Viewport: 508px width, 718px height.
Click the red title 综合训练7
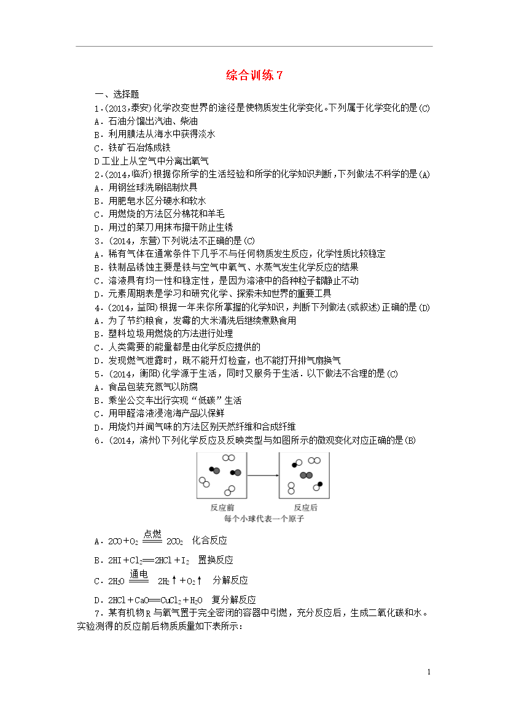(x=254, y=75)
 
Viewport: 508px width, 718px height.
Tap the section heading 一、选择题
(x=117, y=95)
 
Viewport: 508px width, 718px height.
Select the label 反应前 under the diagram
(x=221, y=508)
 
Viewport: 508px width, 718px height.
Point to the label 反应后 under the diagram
(x=305, y=508)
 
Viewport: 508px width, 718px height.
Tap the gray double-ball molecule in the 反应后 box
(x=307, y=475)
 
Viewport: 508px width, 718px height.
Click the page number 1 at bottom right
(x=429, y=672)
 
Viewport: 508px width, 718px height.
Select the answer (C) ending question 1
(x=424, y=108)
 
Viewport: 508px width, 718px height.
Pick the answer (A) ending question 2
(x=424, y=174)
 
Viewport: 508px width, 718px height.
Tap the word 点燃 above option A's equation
(x=152, y=534)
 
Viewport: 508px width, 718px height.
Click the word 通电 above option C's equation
(x=139, y=574)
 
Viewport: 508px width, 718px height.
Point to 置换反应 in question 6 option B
(x=216, y=560)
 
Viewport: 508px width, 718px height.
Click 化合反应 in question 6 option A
(x=209, y=541)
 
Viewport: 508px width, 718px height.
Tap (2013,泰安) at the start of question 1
(x=126, y=108)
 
